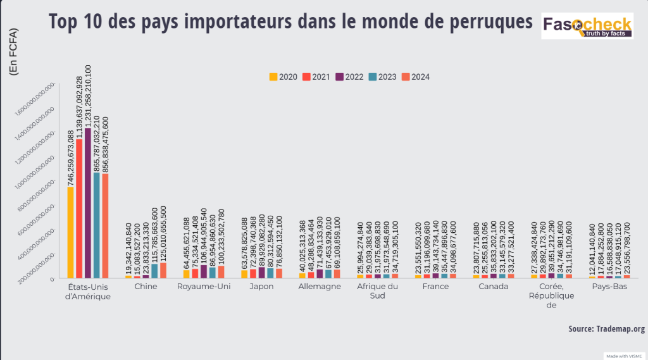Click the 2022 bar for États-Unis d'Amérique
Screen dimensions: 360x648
(x=88, y=202)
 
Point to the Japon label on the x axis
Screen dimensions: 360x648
(x=261, y=287)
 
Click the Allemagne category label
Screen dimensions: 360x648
(x=320, y=287)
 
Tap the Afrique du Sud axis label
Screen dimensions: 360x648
(x=377, y=292)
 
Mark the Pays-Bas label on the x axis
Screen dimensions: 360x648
(x=609, y=287)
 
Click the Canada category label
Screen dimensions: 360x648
(x=494, y=287)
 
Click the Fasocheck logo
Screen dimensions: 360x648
(x=587, y=27)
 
